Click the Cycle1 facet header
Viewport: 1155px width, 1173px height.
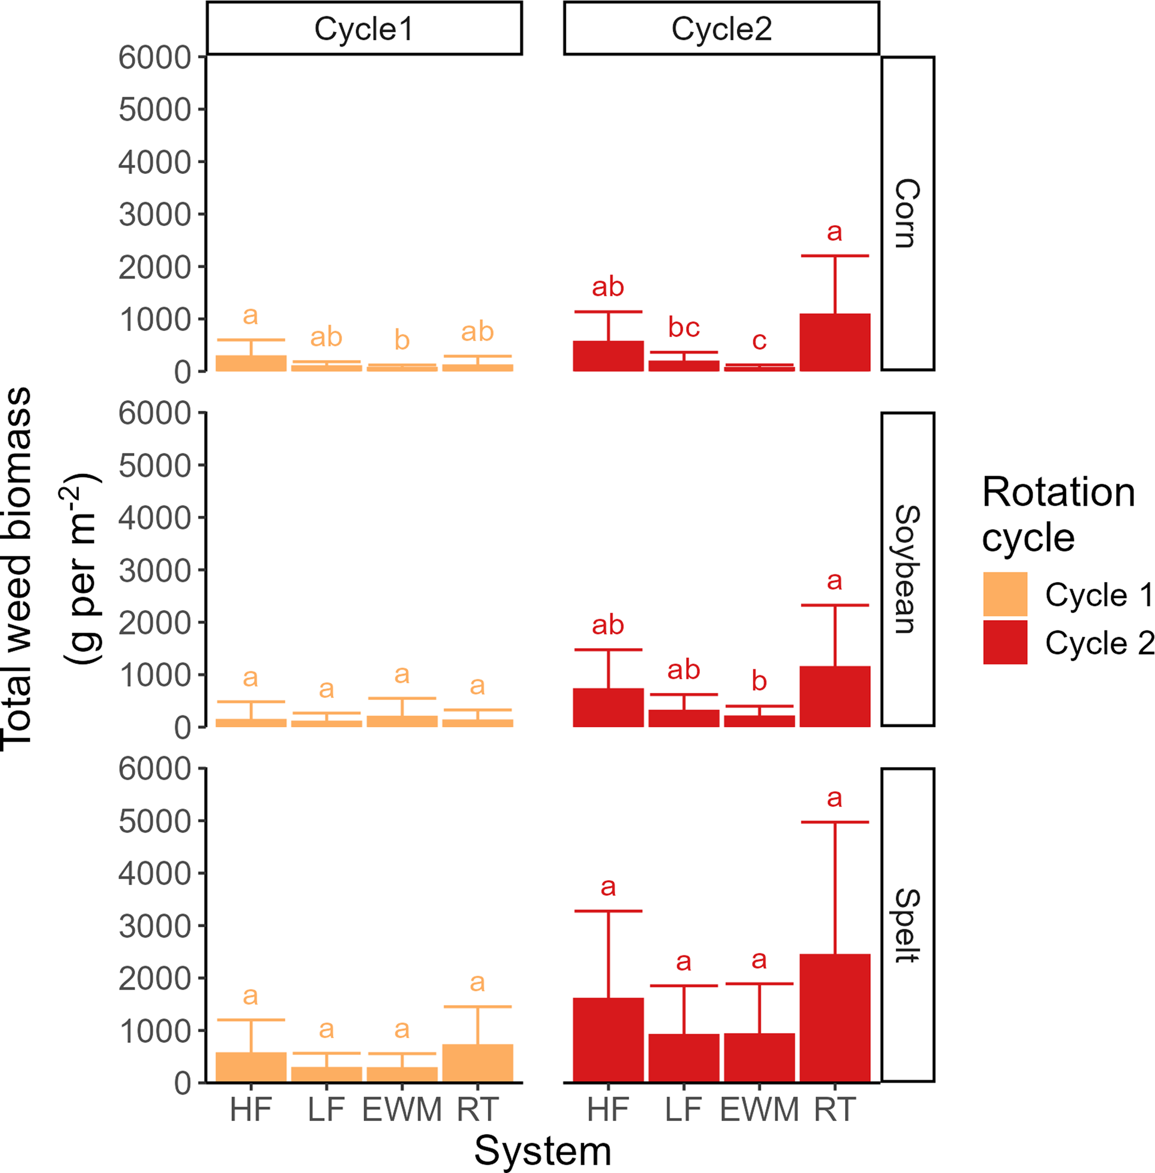click(x=364, y=29)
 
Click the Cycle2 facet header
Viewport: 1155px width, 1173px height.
click(x=721, y=29)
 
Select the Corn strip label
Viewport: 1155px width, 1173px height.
click(x=908, y=213)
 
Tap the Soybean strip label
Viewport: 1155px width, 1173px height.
click(x=908, y=569)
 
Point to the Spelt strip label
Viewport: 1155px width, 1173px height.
click(x=908, y=925)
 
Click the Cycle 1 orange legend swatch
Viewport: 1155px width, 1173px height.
click(x=1005, y=594)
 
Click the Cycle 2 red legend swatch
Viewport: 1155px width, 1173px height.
click(x=1005, y=642)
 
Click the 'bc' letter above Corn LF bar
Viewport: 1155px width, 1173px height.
click(x=684, y=327)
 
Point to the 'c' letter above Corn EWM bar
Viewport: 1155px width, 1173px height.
click(x=759, y=341)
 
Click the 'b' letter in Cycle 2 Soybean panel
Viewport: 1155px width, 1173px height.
click(x=759, y=681)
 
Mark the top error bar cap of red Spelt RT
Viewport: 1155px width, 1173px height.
click(x=835, y=822)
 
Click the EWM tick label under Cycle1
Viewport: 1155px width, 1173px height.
click(x=401, y=1110)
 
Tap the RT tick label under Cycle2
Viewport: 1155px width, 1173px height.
click(x=835, y=1110)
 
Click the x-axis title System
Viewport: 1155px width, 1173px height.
click(x=542, y=1151)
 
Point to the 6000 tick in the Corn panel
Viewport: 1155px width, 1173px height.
click(x=155, y=58)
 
